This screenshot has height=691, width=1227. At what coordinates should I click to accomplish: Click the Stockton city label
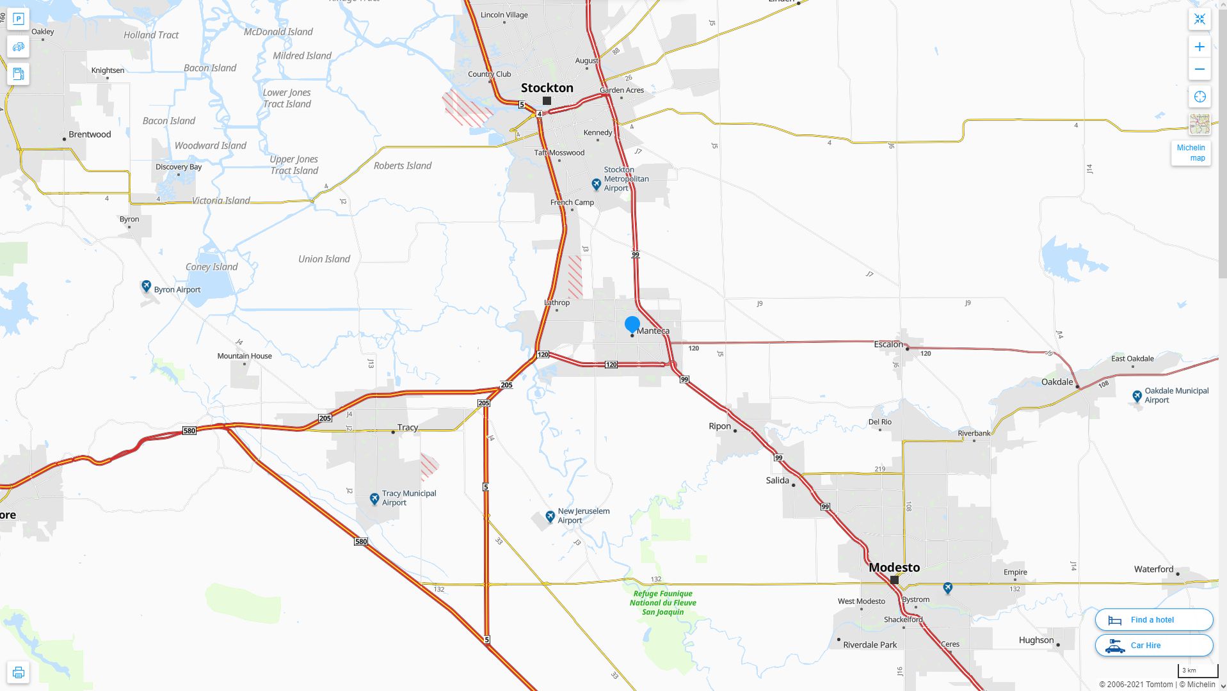[547, 88]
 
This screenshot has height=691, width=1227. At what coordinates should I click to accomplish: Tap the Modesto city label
[894, 567]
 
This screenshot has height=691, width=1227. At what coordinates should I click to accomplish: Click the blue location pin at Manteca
[632, 324]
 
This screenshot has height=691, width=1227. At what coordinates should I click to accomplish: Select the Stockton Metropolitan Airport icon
[596, 184]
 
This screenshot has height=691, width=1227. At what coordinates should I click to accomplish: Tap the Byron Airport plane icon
[146, 286]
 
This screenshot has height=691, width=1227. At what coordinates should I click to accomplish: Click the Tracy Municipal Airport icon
[374, 498]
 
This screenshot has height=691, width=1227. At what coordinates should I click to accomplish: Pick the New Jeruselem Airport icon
[550, 516]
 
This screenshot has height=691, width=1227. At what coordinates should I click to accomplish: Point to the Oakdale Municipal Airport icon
[1137, 396]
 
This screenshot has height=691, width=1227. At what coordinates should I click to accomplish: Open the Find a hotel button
[1153, 619]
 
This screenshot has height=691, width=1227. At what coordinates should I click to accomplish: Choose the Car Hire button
[1153, 645]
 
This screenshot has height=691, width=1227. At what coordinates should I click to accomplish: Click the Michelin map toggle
[1191, 152]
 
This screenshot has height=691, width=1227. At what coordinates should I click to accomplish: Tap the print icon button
[19, 672]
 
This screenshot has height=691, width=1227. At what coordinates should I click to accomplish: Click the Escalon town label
[888, 344]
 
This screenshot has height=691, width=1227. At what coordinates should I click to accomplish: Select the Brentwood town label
[90, 134]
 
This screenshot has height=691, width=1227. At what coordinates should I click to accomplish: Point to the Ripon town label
[719, 426]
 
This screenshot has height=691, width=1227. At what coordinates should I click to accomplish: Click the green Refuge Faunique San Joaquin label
[662, 603]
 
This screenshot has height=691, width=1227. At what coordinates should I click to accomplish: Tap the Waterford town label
[1153, 569]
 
